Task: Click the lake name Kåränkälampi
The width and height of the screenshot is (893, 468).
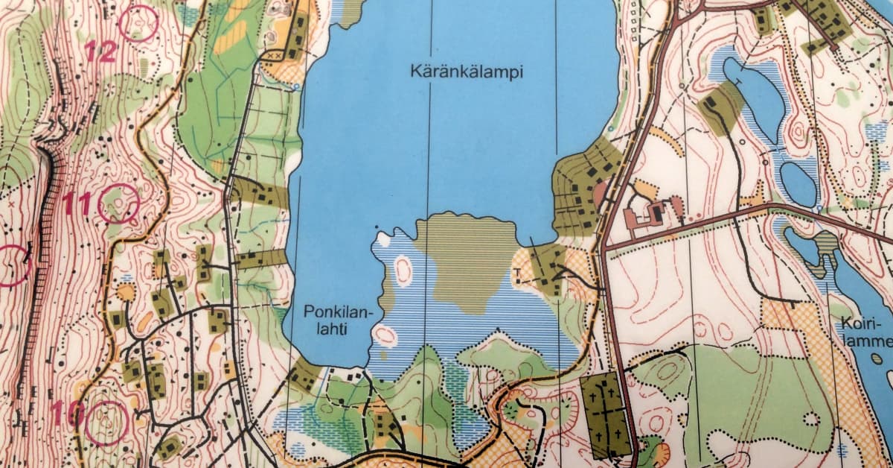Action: coord(467,73)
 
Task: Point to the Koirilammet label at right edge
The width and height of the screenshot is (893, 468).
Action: coord(866,331)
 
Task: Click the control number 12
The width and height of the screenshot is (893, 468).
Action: coord(100,51)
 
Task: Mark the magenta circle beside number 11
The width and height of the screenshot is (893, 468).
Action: coord(118,203)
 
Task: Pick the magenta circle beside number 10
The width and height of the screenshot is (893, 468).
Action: coord(107,423)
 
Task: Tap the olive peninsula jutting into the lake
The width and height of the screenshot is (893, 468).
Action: coord(466,257)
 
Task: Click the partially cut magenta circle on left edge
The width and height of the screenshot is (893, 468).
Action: coord(11,265)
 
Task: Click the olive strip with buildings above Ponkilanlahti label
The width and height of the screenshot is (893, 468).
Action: coord(261,259)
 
